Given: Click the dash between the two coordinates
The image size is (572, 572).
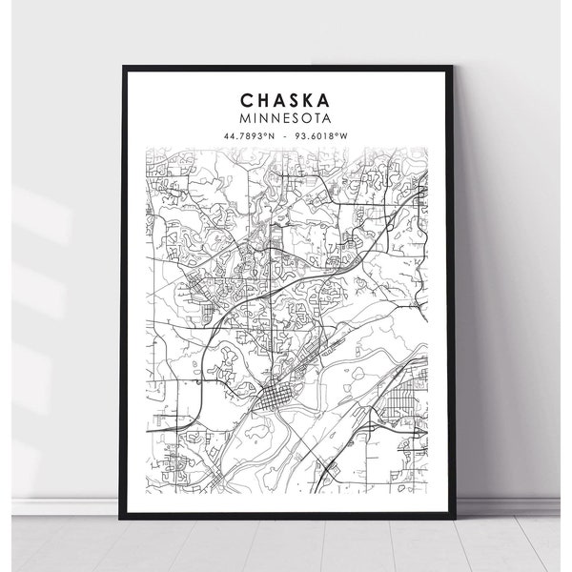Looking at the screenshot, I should [x=286, y=134].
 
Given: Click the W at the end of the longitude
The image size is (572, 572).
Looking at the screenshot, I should [x=345, y=134].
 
